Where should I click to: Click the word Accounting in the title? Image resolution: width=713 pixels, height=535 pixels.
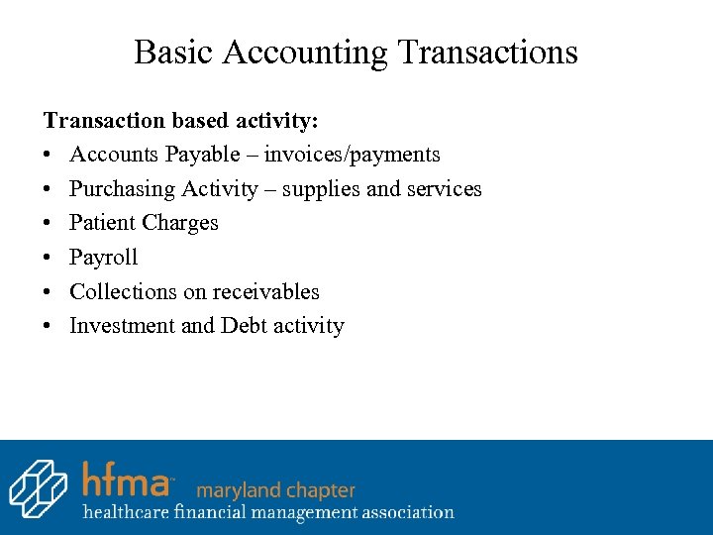[x=305, y=52]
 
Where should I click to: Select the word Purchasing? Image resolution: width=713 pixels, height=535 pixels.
[x=115, y=189]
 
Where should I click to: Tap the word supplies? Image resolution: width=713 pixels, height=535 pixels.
[x=321, y=189]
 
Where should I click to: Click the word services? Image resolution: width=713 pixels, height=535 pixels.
[x=444, y=189]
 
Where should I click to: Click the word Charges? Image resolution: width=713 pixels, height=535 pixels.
[x=180, y=223]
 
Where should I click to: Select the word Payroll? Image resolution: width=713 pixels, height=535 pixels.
[x=103, y=258]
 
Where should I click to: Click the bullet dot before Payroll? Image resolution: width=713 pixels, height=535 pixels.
[x=48, y=258]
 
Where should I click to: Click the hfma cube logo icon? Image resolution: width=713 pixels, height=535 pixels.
[x=38, y=487]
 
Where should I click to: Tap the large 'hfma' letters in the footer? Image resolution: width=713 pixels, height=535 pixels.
[x=127, y=480]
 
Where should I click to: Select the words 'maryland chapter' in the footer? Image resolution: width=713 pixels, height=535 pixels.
[x=275, y=489]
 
